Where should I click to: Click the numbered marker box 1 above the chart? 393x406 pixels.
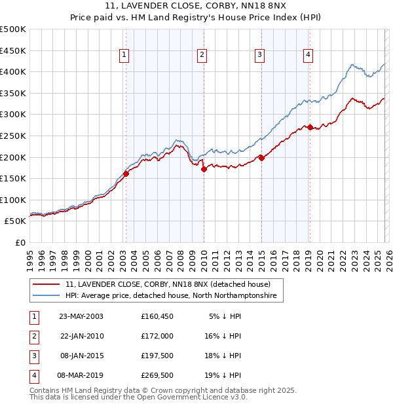point(124,56)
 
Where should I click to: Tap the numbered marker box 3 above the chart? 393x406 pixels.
point(260,56)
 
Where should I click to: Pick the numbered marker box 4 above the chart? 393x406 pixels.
point(308,56)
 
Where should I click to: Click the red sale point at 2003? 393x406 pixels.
point(126,174)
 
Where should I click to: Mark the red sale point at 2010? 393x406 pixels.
point(204,169)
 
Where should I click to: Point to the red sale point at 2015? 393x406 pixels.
point(261,158)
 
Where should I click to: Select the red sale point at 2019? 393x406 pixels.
point(310,127)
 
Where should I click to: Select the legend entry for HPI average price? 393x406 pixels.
point(171,296)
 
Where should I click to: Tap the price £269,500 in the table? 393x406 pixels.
point(157,375)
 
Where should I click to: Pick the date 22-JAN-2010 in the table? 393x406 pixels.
point(82,336)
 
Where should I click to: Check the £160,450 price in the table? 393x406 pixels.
point(157,316)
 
